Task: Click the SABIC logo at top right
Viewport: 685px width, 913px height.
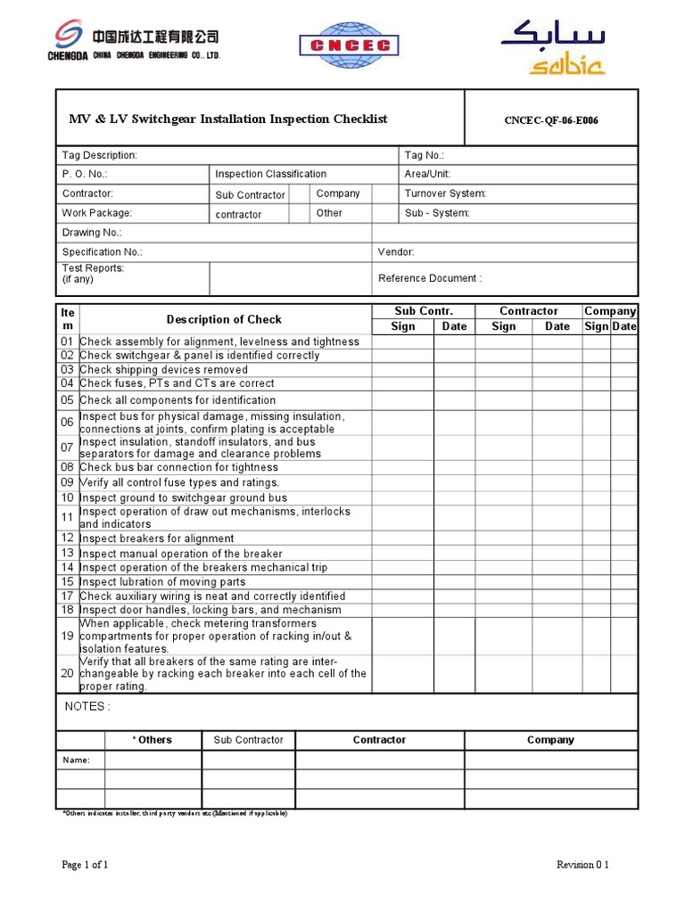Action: (x=553, y=50)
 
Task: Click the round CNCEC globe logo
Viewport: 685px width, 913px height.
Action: (x=349, y=45)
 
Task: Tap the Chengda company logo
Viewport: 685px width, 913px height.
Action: (x=134, y=43)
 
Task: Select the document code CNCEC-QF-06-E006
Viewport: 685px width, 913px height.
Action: (x=551, y=121)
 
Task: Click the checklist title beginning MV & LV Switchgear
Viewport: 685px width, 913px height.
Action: (x=228, y=119)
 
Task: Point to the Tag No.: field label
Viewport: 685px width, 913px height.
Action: (x=424, y=155)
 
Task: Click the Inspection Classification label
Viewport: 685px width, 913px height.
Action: (x=270, y=174)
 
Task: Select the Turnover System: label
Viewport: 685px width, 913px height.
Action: (x=445, y=193)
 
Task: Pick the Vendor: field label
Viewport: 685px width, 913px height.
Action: (x=396, y=252)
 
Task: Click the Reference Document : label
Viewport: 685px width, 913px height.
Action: (x=430, y=278)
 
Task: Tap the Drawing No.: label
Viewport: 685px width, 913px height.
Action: (x=92, y=233)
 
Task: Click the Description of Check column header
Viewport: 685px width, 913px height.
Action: (x=224, y=319)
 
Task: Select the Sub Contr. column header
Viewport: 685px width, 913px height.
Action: (x=424, y=311)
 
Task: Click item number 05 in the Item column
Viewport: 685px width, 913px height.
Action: (x=67, y=400)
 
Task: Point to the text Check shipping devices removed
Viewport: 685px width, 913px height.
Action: (x=164, y=369)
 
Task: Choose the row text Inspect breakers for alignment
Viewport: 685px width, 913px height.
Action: (x=157, y=539)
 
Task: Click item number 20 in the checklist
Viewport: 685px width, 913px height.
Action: (x=67, y=674)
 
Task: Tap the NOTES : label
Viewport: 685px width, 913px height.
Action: (x=87, y=706)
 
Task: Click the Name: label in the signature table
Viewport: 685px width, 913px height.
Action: (x=76, y=760)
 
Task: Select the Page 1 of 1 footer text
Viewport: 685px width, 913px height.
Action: (x=85, y=865)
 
